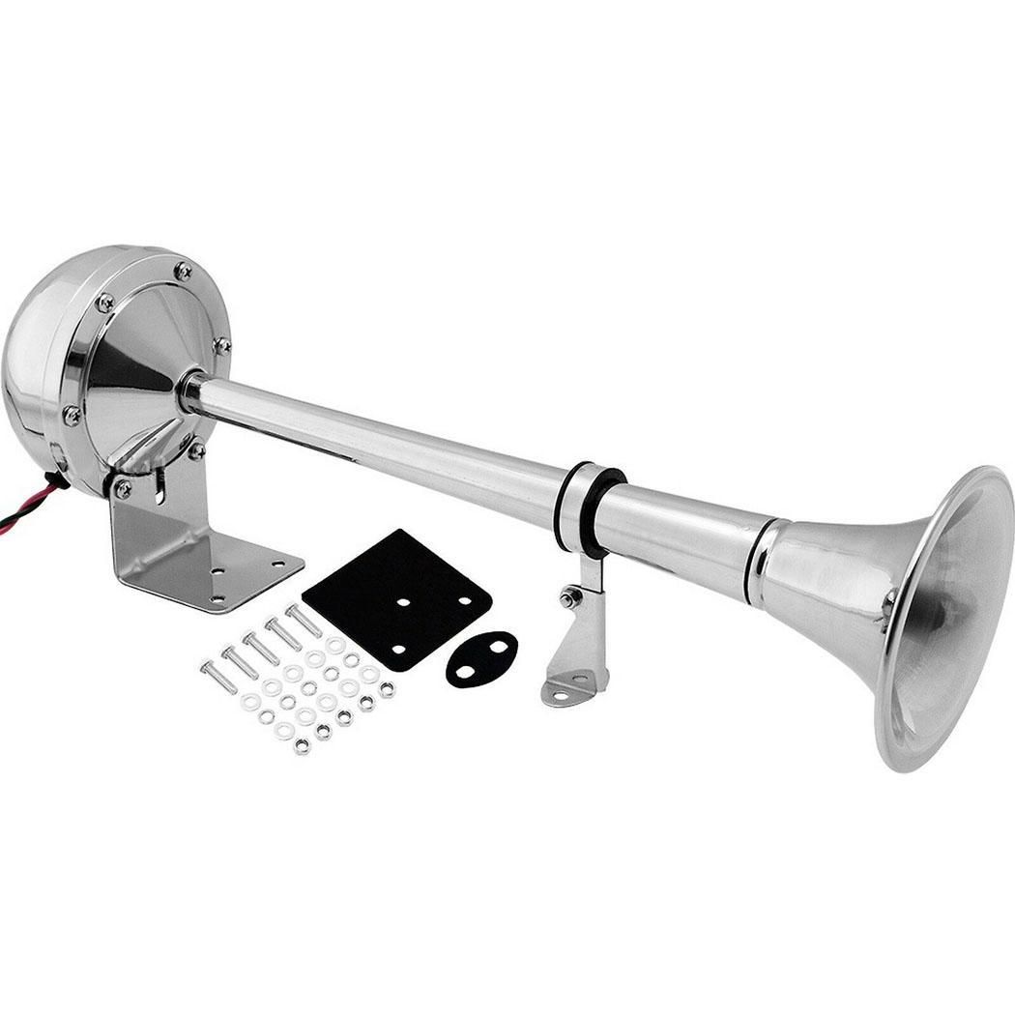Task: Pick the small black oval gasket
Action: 481,658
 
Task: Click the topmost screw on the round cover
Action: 182,271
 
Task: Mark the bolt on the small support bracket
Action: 569,597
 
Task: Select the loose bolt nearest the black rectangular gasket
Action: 304,618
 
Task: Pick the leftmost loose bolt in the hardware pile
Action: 217,676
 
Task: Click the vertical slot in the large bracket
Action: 160,488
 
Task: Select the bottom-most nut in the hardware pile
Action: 302,745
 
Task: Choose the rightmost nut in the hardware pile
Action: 387,689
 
